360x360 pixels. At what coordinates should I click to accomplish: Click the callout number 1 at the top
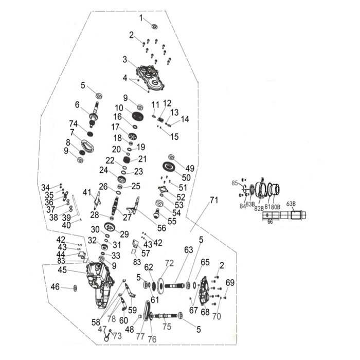point(140,18)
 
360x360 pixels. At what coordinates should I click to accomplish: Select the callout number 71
point(214,200)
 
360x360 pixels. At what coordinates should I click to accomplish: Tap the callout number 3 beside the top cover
point(124,60)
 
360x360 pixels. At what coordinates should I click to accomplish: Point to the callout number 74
point(74,123)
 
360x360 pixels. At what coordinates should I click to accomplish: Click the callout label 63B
point(291,204)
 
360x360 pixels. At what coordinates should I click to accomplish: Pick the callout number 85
point(235,183)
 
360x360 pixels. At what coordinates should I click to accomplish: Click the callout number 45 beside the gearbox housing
point(62,270)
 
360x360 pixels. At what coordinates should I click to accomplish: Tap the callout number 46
point(55,286)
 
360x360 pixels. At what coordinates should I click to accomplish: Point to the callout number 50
point(186,178)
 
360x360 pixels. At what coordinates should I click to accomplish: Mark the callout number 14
point(185,119)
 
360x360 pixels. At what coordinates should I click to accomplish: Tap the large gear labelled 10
point(137,116)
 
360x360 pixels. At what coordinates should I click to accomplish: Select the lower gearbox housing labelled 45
point(100,282)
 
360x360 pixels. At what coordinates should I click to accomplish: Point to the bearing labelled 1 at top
point(154,26)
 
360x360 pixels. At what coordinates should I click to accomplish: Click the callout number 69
point(230,282)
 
